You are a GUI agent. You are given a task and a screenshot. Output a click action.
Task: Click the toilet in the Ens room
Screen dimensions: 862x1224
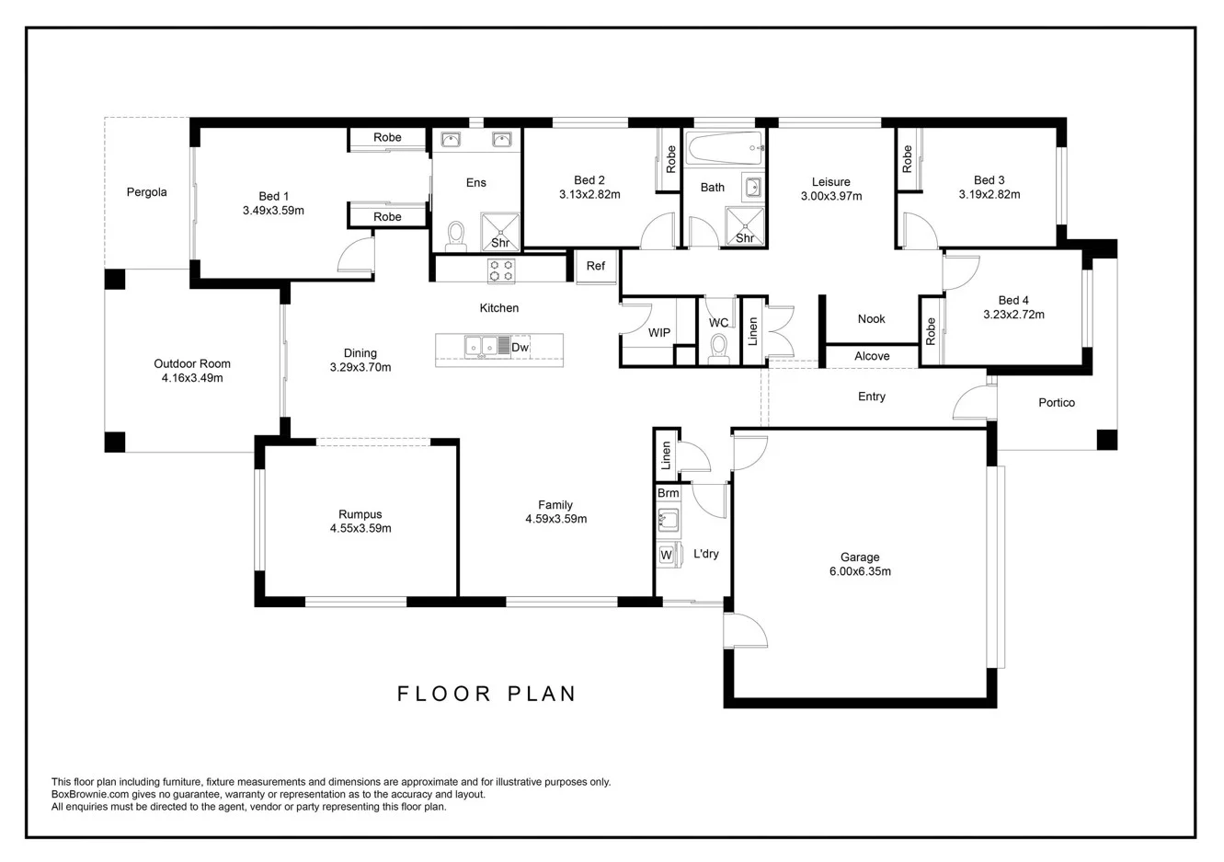455,236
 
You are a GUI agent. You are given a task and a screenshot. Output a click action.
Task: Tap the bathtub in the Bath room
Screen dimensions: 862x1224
725,145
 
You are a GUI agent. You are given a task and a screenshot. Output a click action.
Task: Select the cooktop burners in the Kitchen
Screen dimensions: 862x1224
501,270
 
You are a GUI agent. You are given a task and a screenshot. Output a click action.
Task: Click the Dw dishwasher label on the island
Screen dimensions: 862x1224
520,347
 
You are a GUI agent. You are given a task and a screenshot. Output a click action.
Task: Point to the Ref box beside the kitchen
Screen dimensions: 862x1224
596,266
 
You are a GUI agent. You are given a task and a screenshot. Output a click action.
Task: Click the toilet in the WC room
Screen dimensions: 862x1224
719,348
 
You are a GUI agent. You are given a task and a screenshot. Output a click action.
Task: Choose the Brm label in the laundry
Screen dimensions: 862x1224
668,493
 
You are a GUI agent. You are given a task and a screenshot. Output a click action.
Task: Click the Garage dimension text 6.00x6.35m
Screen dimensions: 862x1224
860,571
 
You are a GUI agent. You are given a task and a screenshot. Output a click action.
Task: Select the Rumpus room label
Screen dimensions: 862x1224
360,514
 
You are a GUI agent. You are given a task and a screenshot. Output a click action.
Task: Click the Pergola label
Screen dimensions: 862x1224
147,192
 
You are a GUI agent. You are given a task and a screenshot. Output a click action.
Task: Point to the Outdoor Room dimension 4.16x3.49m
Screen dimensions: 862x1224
192,377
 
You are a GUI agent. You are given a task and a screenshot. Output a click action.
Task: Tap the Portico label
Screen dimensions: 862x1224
1057,403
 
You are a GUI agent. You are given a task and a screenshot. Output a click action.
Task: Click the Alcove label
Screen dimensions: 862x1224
872,356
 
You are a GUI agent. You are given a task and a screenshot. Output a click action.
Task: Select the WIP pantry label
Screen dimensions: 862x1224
659,332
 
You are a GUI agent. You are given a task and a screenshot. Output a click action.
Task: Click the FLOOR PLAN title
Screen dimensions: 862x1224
486,694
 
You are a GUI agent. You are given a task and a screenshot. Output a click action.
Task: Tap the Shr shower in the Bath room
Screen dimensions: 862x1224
745,227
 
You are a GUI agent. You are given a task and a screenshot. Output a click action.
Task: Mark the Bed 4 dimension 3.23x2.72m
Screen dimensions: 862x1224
1013,314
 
